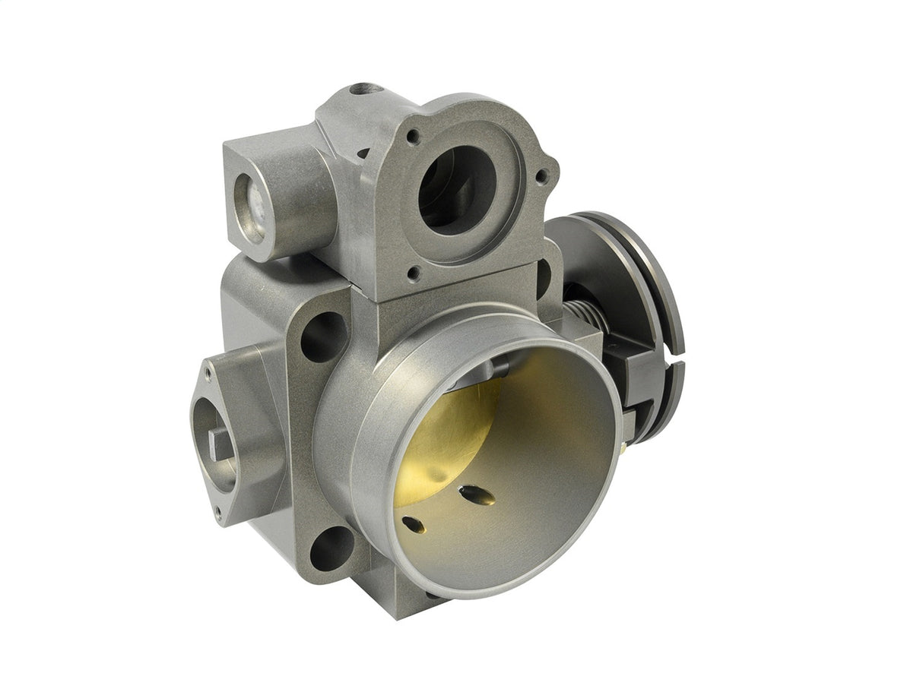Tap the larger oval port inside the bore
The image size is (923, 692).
(476, 495)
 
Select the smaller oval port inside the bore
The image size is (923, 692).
(412, 524)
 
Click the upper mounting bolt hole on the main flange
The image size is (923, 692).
(323, 336)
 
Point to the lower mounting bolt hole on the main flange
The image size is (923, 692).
(332, 548)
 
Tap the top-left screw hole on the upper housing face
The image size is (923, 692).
(413, 137)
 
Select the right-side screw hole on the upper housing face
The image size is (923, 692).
(541, 176)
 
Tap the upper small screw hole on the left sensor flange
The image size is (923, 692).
(207, 371)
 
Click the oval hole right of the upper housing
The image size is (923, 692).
(543, 279)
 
